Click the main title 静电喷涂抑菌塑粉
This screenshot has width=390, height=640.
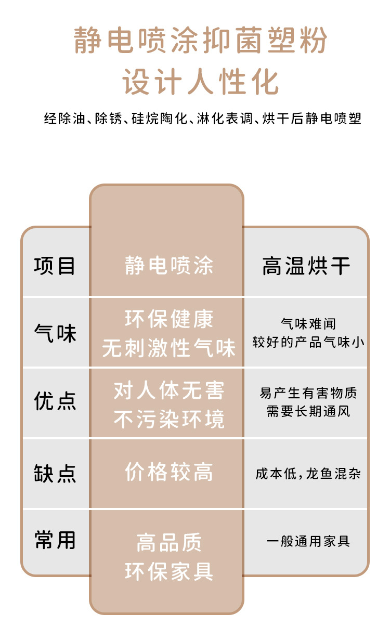(200, 41)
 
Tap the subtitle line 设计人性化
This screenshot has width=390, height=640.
(200, 82)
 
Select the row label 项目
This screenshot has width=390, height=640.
(55, 266)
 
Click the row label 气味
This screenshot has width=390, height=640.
(55, 333)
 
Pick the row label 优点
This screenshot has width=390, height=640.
(55, 401)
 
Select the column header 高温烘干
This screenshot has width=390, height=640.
(306, 267)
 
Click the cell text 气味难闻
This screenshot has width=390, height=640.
(308, 324)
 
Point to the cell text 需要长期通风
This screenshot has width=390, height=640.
(308, 412)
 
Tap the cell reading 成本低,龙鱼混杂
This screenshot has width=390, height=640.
(308, 474)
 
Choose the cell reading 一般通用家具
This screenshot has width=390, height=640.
(308, 541)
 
